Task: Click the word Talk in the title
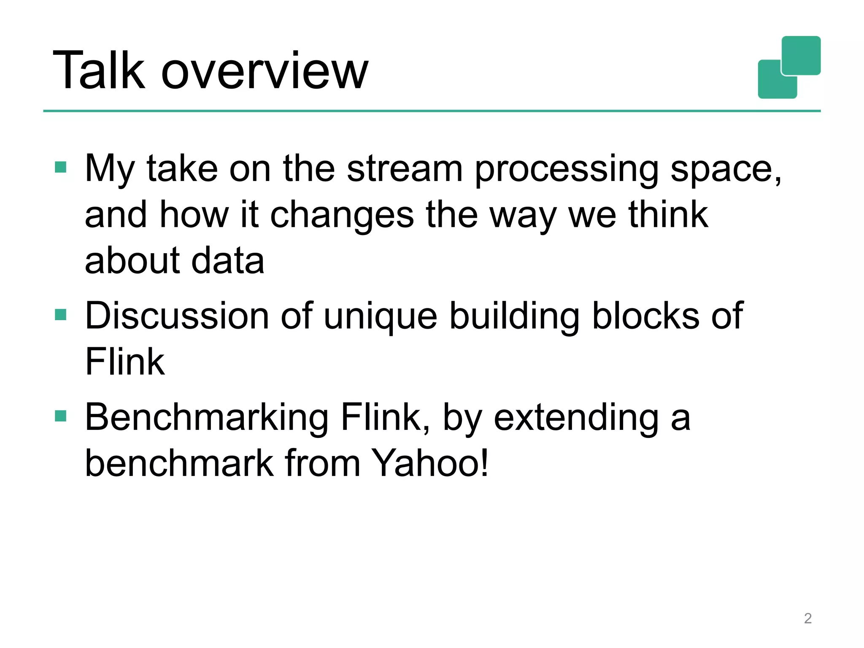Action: pyautogui.click(x=99, y=70)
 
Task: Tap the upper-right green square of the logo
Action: pyautogui.click(x=801, y=55)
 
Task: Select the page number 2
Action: pyautogui.click(x=807, y=618)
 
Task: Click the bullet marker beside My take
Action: pyautogui.click(x=61, y=167)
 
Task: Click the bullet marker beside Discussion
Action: pyautogui.click(x=61, y=315)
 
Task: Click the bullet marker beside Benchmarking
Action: pyautogui.click(x=61, y=416)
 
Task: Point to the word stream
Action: pyautogui.click(x=405, y=169)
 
